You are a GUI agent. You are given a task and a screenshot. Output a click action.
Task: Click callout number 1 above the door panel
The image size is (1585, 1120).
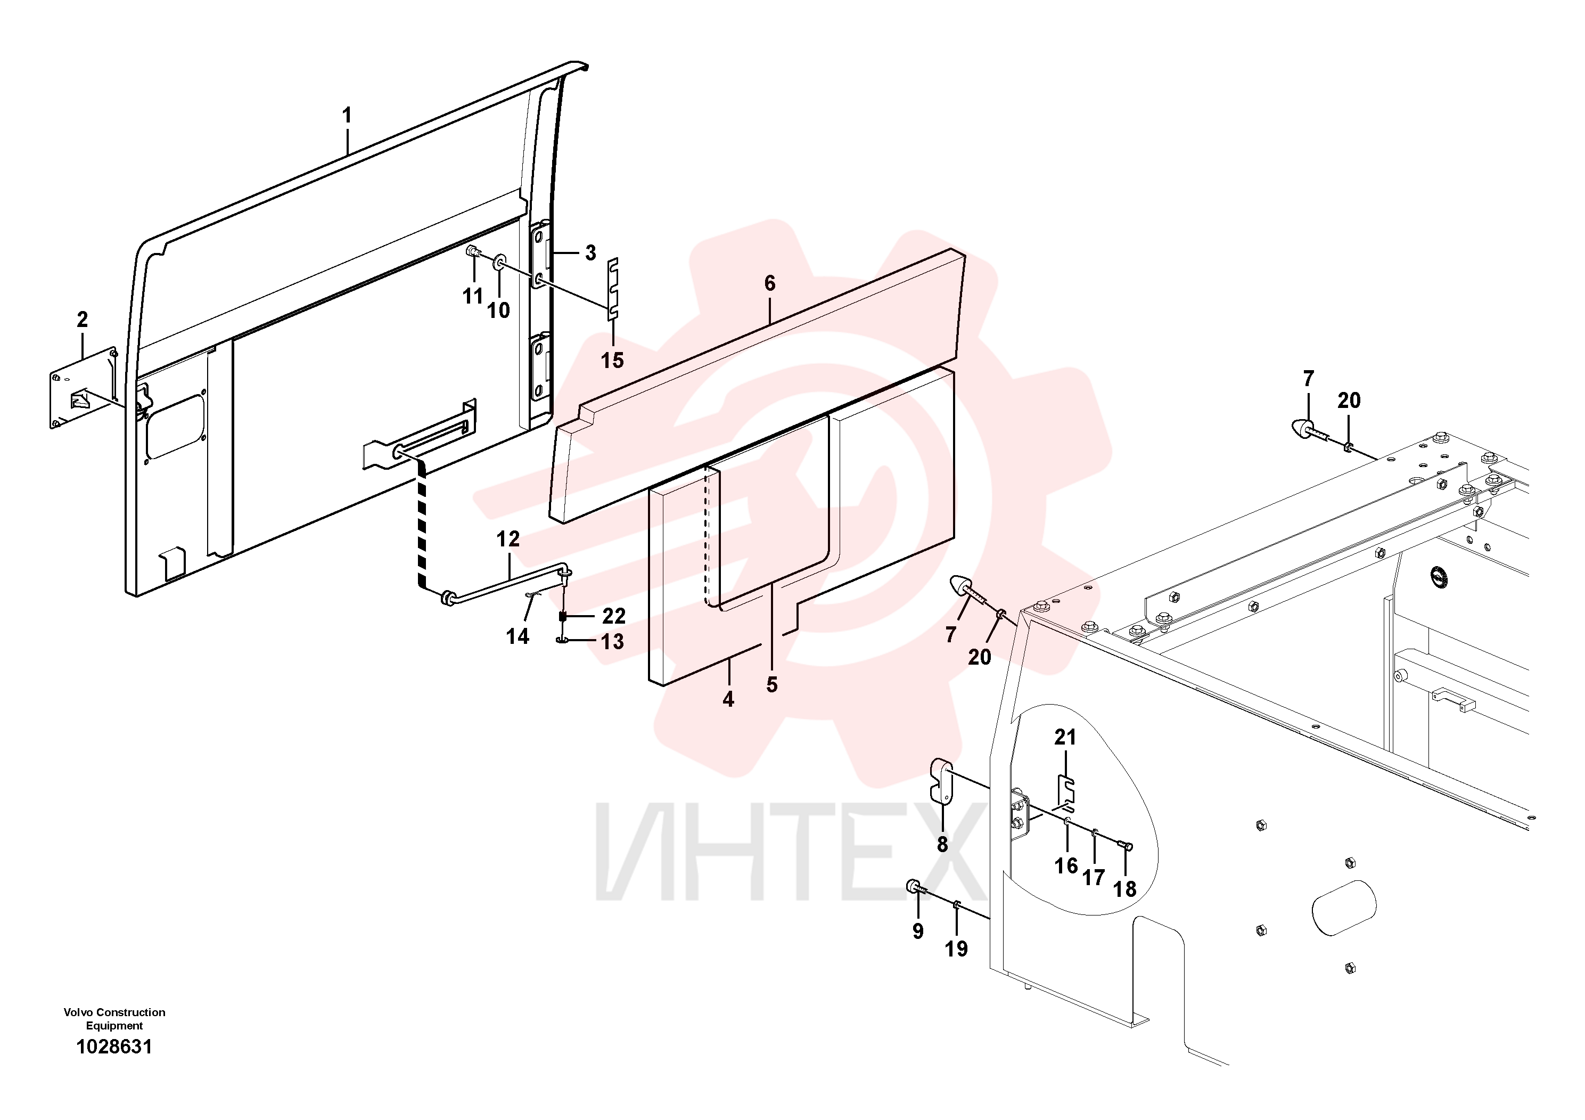347,116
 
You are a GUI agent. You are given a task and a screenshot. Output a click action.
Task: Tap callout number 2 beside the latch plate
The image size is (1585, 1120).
82,320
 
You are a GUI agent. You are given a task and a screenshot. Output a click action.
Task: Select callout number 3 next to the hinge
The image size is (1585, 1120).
590,253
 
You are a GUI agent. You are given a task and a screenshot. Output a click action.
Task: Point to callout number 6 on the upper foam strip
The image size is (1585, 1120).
770,283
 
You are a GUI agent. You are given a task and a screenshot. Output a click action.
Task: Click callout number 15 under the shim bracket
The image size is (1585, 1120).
612,361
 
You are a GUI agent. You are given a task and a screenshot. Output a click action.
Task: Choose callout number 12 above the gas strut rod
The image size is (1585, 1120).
508,539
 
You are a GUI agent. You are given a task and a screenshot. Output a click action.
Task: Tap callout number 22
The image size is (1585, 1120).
614,616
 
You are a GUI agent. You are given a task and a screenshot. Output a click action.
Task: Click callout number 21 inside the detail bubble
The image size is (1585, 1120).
1065,738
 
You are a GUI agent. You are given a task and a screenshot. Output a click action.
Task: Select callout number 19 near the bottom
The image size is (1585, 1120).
956,949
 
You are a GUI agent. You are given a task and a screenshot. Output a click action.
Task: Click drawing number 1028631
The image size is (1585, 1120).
114,1047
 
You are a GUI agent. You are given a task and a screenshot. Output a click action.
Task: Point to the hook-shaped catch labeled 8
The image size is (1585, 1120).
942,781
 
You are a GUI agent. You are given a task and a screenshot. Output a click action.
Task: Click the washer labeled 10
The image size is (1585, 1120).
498,263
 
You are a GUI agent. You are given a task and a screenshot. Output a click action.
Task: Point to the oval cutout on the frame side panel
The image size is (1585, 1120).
1343,908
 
